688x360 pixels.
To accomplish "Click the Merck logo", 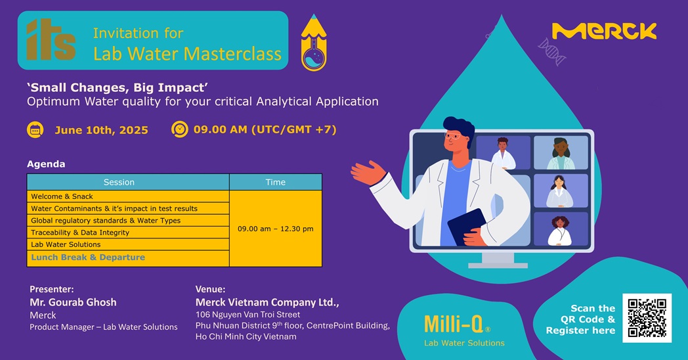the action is pyautogui.click(x=604, y=31).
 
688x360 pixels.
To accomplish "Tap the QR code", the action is pyautogui.click(x=647, y=318).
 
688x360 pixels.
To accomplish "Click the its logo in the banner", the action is pyautogui.click(x=51, y=39).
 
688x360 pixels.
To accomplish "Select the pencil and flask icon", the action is pyautogui.click(x=314, y=43).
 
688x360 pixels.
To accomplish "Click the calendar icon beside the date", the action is pyautogui.click(x=35, y=130).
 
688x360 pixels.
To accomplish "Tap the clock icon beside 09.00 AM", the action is pyautogui.click(x=179, y=129).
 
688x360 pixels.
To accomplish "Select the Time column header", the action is pyautogui.click(x=276, y=182).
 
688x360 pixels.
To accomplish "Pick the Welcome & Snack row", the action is pyautogui.click(x=128, y=196).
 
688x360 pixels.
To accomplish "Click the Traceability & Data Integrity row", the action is pyautogui.click(x=128, y=233).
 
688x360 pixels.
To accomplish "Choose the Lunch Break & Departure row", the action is pyautogui.click(x=128, y=258).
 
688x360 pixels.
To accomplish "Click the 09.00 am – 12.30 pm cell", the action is pyautogui.click(x=276, y=229).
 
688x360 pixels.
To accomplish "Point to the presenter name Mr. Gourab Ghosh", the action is pyautogui.click(x=74, y=302).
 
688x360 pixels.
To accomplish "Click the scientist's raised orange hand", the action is pyautogui.click(x=368, y=173).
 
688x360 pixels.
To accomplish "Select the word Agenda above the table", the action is pyautogui.click(x=46, y=164).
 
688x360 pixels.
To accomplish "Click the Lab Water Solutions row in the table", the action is pyautogui.click(x=128, y=244).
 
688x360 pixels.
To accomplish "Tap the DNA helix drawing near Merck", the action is pyautogui.click(x=551, y=51).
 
